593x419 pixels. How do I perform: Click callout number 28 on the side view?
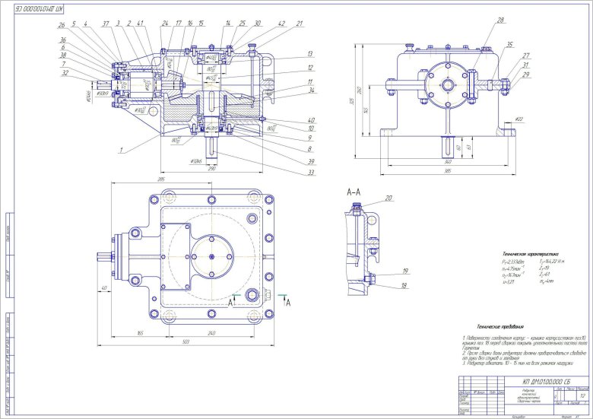coord(480,21)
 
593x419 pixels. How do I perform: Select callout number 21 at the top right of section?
coord(299,24)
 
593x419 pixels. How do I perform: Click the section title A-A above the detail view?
coord(353,193)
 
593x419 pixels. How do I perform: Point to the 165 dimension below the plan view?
coord(141,333)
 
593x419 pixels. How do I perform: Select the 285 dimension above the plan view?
coord(161,179)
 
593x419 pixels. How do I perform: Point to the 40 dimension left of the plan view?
coord(103,287)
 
